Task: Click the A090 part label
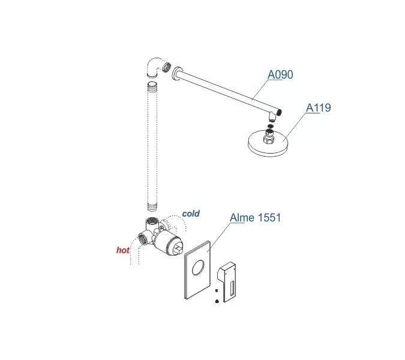pos(280,74)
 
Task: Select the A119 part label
pos(319,108)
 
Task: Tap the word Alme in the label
pos(242,217)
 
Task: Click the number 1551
pos(269,217)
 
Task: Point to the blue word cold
pos(191,214)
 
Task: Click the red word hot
pos(122,250)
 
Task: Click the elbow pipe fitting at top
pos(154,68)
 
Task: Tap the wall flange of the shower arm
pos(172,74)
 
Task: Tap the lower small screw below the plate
pos(215,302)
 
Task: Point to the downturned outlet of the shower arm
pos(274,115)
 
